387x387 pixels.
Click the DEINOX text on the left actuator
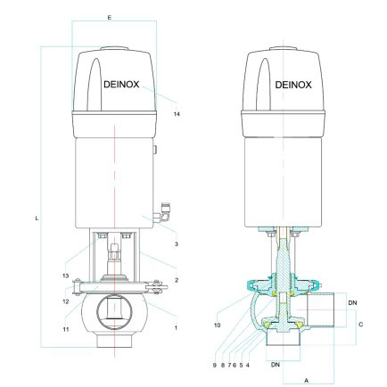(x=121, y=85)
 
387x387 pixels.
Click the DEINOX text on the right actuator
(x=293, y=85)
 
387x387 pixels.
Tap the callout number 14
(x=177, y=114)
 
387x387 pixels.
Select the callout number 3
(x=177, y=244)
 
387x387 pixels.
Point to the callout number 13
(x=66, y=276)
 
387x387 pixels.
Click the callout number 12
(x=66, y=301)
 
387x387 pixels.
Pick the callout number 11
(x=66, y=329)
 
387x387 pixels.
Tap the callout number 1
(x=176, y=328)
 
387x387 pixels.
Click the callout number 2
(x=177, y=280)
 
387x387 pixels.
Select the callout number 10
(x=218, y=325)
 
